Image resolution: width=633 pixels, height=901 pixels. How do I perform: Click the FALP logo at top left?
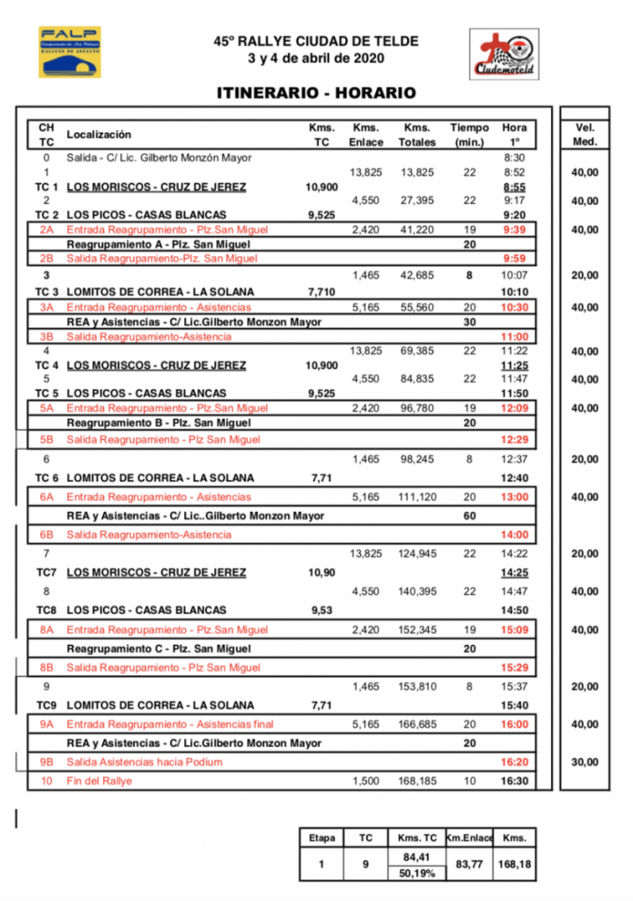(x=69, y=52)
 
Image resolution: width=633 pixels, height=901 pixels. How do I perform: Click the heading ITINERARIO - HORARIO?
(x=316, y=93)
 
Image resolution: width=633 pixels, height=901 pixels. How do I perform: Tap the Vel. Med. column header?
(x=584, y=135)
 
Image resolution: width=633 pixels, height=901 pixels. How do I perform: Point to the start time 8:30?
(x=514, y=158)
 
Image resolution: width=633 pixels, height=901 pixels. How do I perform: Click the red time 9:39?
(x=514, y=230)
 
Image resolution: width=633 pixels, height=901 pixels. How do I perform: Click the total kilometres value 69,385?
(x=416, y=351)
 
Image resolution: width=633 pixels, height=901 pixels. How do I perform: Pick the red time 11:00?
(x=514, y=336)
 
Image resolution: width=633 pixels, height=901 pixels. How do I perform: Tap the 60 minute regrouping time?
(x=469, y=516)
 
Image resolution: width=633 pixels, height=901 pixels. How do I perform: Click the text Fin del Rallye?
(x=99, y=780)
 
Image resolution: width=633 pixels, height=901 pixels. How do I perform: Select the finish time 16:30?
(x=514, y=780)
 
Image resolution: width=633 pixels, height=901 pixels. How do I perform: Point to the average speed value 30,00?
(x=584, y=762)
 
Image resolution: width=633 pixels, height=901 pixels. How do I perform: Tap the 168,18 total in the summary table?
(x=513, y=865)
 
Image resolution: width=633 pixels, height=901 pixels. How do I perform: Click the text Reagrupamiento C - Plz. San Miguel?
(x=159, y=648)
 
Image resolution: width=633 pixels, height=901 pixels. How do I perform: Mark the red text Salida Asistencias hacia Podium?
(x=144, y=762)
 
